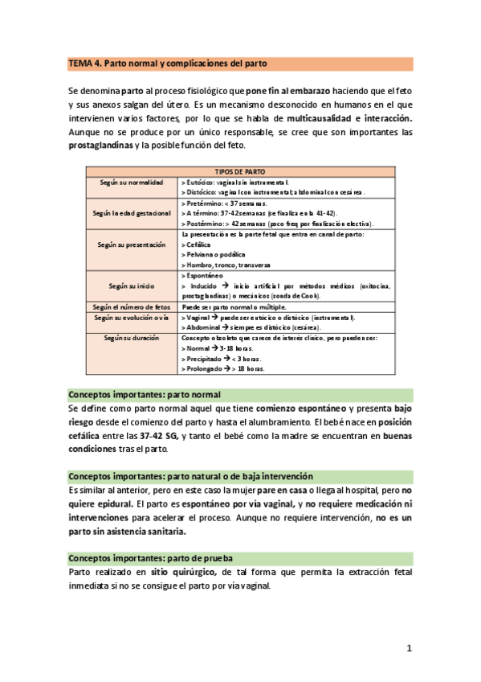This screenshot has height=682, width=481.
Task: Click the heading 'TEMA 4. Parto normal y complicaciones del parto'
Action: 168,63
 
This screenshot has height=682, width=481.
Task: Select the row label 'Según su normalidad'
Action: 131,183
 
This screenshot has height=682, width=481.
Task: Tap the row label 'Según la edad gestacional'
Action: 131,213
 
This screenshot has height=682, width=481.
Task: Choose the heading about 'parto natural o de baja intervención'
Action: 190,477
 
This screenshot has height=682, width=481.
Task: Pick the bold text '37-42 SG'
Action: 158,435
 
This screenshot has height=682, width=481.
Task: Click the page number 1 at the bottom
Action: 409,647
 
